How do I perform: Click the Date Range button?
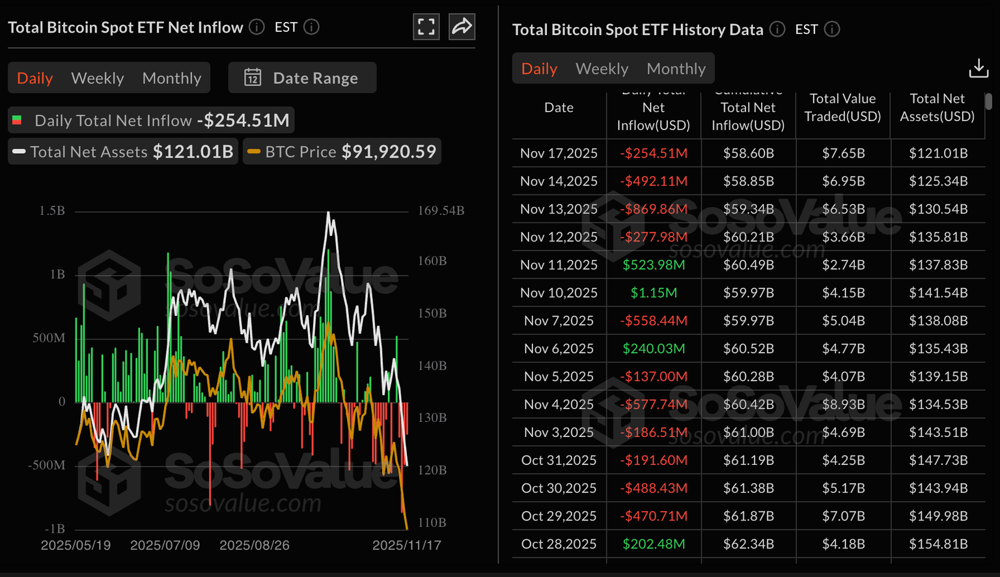pos(302,78)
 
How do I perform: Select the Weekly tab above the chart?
pos(97,78)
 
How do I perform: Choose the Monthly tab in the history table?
pos(676,68)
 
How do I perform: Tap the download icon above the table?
pos(978,68)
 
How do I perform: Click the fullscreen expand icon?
pos(426,27)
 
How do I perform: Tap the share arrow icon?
pos(462,27)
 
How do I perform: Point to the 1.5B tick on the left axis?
pos(52,211)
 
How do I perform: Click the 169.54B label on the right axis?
pos(441,211)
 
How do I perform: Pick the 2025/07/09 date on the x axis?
pos(165,545)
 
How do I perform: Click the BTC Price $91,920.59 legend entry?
pos(342,152)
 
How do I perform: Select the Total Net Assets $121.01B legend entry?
pos(123,152)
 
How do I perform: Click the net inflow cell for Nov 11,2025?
pos(654,265)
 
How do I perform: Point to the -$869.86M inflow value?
pos(654,209)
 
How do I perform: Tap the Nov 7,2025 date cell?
pos(559,321)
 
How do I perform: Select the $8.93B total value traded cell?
pos(843,404)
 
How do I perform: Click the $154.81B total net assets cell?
pos(938,544)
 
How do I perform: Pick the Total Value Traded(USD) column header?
pos(842,107)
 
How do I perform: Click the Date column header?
pos(559,107)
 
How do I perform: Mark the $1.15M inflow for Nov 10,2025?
pos(654,293)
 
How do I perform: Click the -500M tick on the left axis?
pos(47,465)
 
